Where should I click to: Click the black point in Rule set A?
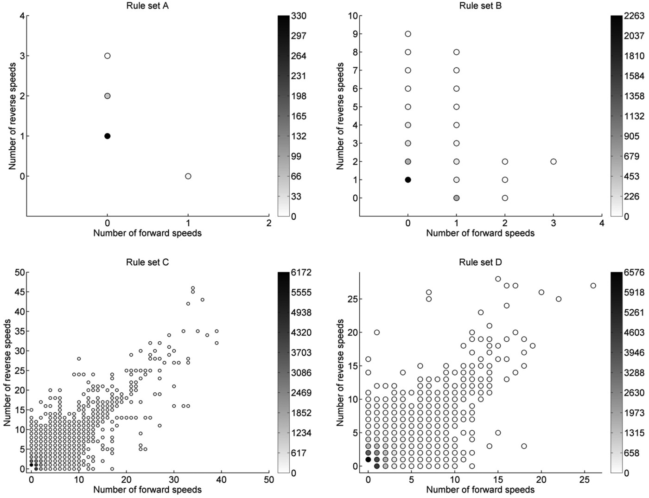107,136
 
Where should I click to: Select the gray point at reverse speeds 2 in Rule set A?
107,96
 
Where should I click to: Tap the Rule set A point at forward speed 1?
188,176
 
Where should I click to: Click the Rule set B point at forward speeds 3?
553,161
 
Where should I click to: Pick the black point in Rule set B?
408,180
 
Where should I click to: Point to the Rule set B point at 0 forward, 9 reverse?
408,34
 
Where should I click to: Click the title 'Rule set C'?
147,262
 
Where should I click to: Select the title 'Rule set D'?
480,262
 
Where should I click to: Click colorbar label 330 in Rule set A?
299,16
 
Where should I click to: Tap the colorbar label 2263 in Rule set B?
634,16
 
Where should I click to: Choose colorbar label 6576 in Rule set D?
634,273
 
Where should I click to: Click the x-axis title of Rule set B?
480,233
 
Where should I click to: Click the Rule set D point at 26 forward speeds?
593,286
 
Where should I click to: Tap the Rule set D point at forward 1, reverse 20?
377,332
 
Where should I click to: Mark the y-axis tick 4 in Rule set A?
22,16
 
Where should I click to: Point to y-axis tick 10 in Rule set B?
353,16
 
